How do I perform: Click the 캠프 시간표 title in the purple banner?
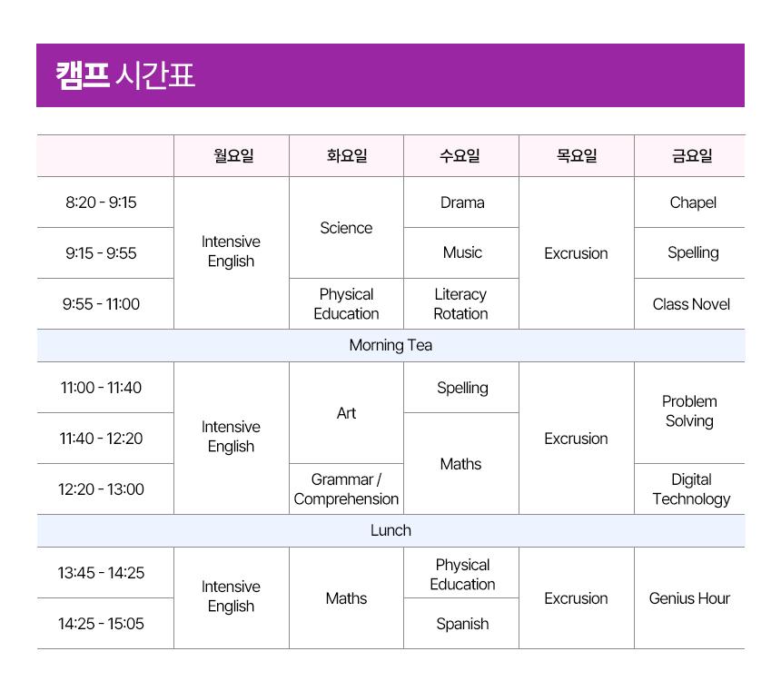tap(125, 75)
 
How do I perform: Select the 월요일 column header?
tap(233, 156)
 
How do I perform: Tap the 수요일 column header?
tap(460, 156)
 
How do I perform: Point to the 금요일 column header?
tap(692, 156)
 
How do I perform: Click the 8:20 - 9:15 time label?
tap(101, 202)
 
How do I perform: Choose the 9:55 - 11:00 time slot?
tap(101, 304)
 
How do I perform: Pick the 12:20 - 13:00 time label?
tap(101, 489)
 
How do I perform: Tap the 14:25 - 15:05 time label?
tap(101, 624)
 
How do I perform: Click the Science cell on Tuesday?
tap(346, 228)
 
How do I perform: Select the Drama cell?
tap(462, 202)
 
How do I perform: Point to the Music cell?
tap(462, 252)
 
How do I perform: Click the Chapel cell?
tap(693, 202)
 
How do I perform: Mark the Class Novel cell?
tap(691, 304)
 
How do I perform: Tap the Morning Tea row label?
tap(390, 345)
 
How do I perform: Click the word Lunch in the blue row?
tap(390, 530)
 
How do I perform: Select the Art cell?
tap(346, 413)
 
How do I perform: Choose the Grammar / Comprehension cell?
tap(346, 489)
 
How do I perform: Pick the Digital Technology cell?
tap(691, 489)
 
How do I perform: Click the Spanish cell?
tap(462, 624)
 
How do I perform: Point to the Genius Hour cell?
tap(689, 598)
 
